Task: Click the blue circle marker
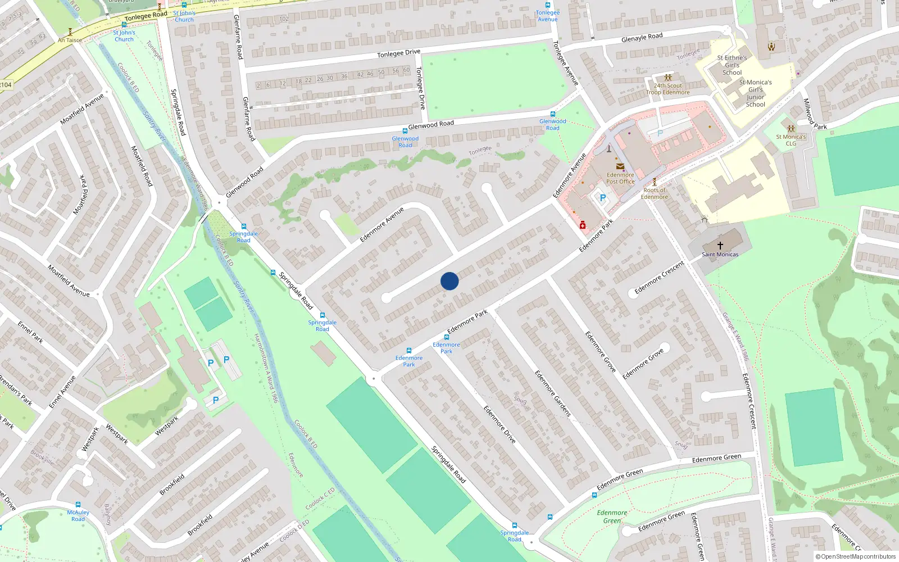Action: click(449, 281)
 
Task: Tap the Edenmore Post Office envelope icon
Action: click(620, 166)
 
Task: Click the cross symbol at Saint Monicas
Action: click(720, 246)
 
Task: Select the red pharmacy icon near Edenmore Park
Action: click(583, 225)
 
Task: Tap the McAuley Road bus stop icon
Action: click(78, 505)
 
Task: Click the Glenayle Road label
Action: click(642, 38)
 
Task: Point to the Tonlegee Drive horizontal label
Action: click(398, 53)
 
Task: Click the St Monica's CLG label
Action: click(791, 140)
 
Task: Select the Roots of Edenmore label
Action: click(654, 193)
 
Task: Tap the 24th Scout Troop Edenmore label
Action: click(668, 89)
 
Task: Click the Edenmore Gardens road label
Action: click(552, 393)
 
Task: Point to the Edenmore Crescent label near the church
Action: click(659, 278)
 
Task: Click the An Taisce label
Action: click(70, 40)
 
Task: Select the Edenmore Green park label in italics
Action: click(612, 516)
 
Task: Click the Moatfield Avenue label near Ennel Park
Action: click(69, 280)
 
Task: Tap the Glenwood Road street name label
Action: click(430, 124)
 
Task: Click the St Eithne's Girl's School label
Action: click(732, 65)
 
